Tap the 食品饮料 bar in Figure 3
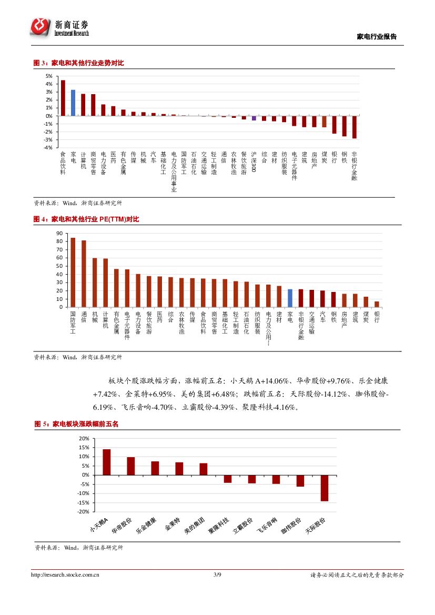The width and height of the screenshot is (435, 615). click(x=63, y=98)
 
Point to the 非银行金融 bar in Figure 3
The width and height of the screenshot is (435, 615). click(x=355, y=127)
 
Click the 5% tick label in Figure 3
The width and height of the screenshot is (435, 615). click(x=48, y=76)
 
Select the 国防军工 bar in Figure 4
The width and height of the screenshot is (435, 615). click(x=73, y=273)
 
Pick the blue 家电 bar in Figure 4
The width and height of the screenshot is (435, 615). click(x=290, y=298)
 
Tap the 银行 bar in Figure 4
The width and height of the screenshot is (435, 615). click(x=377, y=304)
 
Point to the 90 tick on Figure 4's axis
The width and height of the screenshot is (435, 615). click(x=59, y=233)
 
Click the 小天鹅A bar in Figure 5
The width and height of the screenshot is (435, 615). click(x=106, y=462)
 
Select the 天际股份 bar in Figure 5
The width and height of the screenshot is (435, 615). click(x=325, y=488)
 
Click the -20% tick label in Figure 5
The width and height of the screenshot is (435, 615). click(x=83, y=511)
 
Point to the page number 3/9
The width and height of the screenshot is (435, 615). click(x=217, y=575)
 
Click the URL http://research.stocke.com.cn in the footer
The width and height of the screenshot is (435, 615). click(x=66, y=575)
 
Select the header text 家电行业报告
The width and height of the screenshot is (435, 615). click(x=377, y=37)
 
